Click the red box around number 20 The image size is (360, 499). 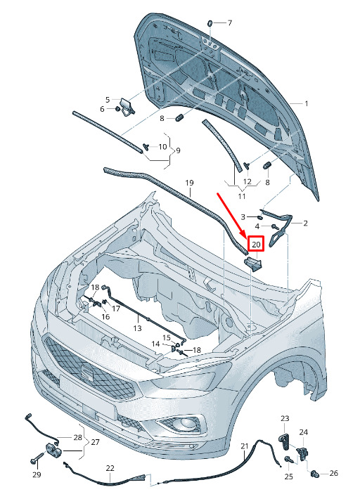click(256, 244)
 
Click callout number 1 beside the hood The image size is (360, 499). click(307, 104)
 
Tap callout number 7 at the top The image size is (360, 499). click(229, 23)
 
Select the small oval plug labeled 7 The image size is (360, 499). click(210, 23)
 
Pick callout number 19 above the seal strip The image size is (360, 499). click(189, 183)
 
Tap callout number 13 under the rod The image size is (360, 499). click(137, 328)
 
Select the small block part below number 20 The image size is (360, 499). click(253, 264)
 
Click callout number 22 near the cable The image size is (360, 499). click(110, 468)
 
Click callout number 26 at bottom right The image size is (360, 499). click(333, 473)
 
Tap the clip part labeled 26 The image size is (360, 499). click(314, 474)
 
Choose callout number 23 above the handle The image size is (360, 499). click(285, 418)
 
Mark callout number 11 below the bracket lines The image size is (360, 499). click(242, 196)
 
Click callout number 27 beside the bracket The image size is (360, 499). click(95, 442)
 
